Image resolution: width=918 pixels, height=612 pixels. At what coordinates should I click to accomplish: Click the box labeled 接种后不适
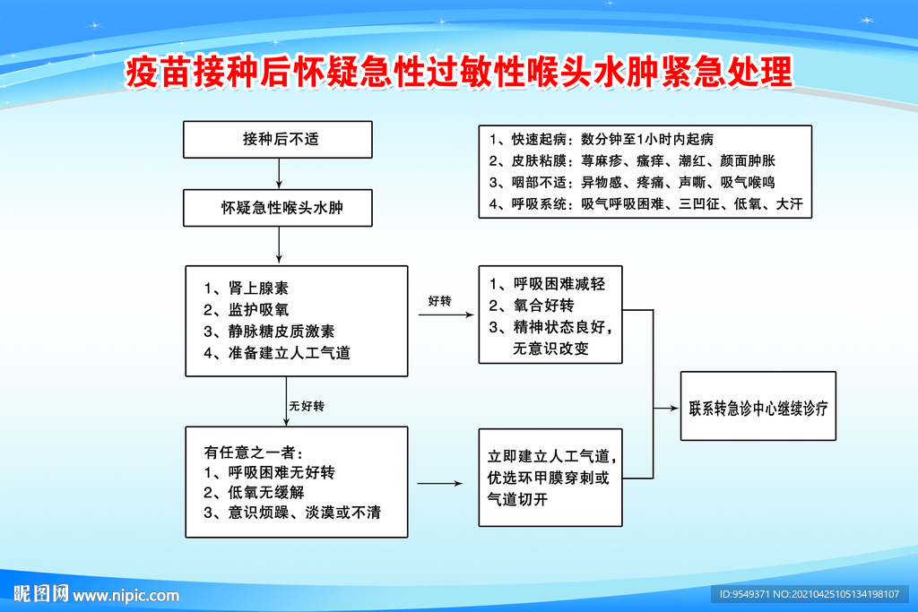(x=278, y=139)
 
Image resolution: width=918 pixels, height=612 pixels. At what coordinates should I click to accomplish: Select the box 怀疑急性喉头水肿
(x=278, y=208)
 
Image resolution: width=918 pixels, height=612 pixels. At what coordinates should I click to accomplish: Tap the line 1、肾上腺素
(x=246, y=288)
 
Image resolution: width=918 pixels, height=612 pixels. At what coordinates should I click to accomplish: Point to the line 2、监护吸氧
(x=246, y=309)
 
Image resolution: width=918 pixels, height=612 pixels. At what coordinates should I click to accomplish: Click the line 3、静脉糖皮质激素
(x=269, y=332)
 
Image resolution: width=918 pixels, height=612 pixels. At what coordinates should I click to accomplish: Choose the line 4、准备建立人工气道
(x=276, y=353)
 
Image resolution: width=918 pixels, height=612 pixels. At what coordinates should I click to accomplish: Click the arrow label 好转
(x=439, y=301)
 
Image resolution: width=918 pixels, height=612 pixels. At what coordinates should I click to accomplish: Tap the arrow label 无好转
(x=307, y=406)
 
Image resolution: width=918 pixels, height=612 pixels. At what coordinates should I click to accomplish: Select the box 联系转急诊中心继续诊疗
(x=758, y=406)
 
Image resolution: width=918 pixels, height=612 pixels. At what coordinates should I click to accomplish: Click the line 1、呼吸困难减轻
(x=548, y=284)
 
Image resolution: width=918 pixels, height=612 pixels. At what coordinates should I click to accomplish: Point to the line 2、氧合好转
(x=532, y=306)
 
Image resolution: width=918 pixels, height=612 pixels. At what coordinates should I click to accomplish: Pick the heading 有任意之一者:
(x=254, y=453)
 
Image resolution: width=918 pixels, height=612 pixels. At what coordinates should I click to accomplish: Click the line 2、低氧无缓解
(x=254, y=493)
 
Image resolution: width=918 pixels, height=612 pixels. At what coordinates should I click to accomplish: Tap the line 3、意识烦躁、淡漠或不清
(x=292, y=513)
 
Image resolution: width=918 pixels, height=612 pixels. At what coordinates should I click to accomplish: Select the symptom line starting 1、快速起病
(x=602, y=139)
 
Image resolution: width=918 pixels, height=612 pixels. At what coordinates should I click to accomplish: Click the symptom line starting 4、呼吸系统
(x=645, y=204)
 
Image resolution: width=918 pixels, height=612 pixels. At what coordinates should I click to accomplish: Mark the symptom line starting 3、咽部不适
(x=632, y=183)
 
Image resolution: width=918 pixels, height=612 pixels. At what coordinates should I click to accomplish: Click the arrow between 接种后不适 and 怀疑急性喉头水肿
(x=279, y=174)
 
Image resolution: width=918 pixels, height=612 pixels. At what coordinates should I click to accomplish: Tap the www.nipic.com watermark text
(x=126, y=596)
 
